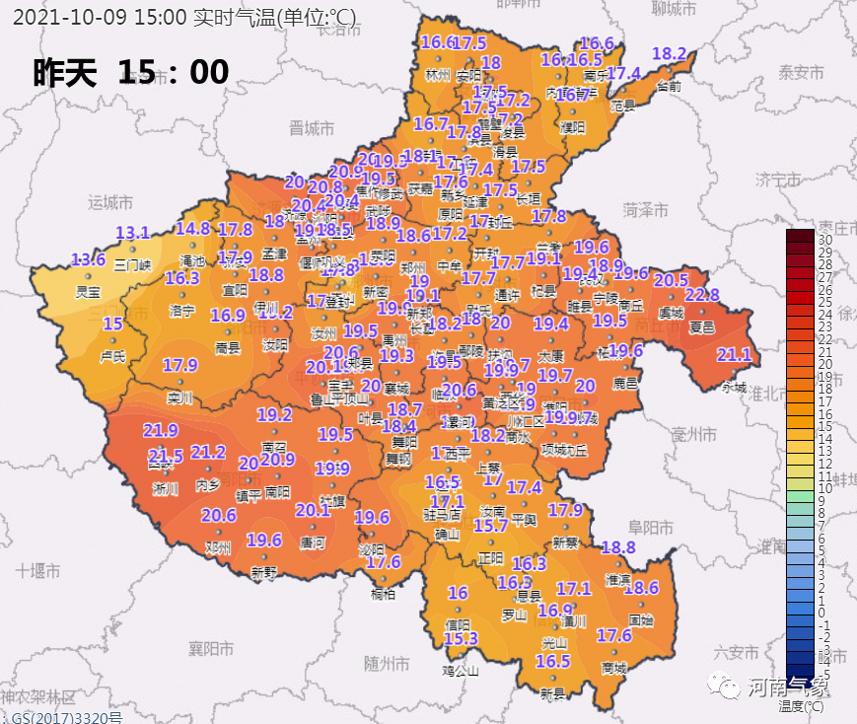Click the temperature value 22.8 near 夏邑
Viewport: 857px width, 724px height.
(701, 295)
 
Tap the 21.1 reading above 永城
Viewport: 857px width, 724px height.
(733, 355)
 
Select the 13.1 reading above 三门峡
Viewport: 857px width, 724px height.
(132, 234)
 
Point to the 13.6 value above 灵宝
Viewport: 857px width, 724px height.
(88, 259)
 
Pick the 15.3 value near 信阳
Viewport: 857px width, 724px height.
(461, 639)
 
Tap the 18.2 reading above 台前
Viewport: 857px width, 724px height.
(669, 53)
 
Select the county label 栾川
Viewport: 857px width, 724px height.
(179, 399)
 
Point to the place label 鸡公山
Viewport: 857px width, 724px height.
(461, 671)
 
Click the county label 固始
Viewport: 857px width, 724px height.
(640, 620)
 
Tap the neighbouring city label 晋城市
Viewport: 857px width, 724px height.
(312, 128)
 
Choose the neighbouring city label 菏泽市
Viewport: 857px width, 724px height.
(645, 209)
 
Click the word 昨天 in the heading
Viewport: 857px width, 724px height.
(65, 72)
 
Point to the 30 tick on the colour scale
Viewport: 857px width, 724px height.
(825, 240)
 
